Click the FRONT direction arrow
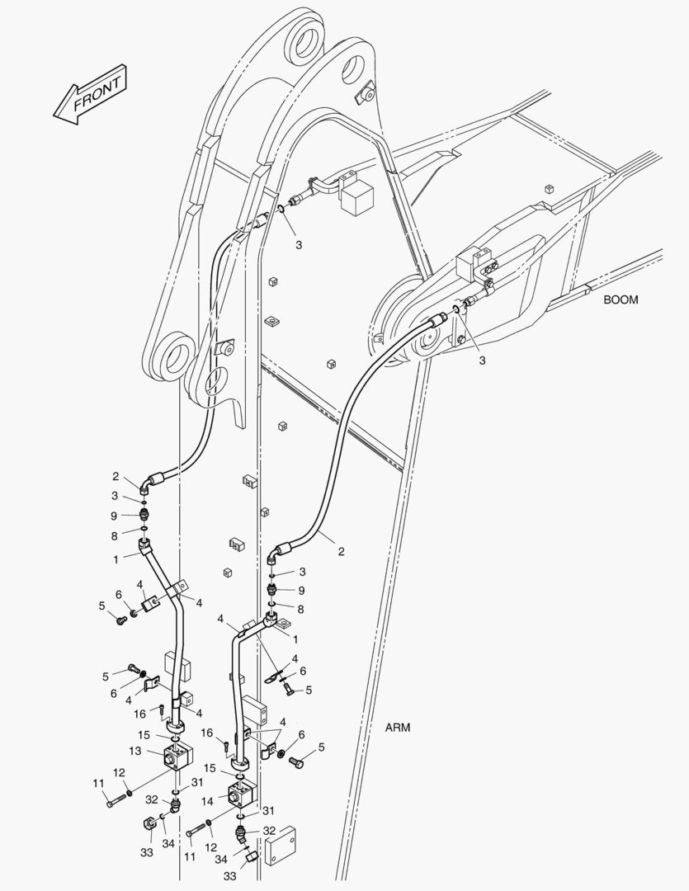click(87, 96)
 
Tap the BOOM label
click(621, 299)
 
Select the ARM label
click(398, 728)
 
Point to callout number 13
click(135, 751)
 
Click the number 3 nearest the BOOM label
click(483, 360)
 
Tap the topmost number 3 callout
click(299, 245)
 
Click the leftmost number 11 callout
click(97, 783)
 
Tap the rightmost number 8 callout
click(301, 609)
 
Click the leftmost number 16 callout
click(140, 714)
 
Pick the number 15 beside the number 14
click(210, 768)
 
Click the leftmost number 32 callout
click(152, 799)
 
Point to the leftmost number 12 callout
click(119, 772)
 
